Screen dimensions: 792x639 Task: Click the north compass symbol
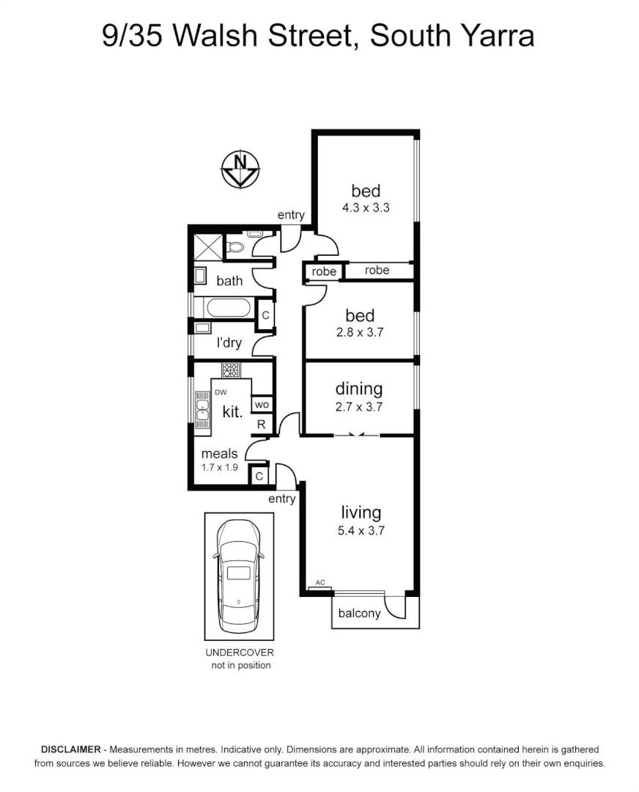240,169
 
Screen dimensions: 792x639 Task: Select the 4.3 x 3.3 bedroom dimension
365,208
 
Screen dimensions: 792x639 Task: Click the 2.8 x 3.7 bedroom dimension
360,332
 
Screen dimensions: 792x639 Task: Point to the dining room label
359,389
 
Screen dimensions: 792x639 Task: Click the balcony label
358,613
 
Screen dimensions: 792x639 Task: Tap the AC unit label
319,582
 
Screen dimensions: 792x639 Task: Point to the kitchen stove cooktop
232,370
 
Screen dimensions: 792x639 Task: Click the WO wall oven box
261,404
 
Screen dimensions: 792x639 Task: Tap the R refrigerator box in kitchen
261,424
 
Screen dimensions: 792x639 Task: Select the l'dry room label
229,342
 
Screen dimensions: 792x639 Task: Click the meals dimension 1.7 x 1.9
220,467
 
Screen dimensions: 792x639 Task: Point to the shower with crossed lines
206,245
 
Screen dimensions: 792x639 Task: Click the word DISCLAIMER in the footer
70,749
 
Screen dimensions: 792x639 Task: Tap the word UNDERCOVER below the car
239,653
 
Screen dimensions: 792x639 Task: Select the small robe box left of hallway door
324,271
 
